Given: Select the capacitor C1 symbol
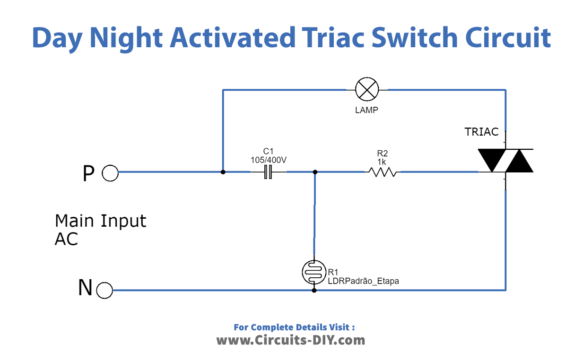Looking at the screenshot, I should pos(267,172).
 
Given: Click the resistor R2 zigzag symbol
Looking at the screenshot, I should pos(382,172).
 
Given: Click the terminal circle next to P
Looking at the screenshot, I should pos(111,173).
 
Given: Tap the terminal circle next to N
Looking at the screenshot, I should pos(111,289).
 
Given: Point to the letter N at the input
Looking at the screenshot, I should pos(86,289).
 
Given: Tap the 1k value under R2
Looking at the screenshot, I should pos(382,161).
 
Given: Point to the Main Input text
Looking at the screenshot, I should pos(99,220).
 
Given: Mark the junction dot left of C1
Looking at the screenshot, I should pos(222,172).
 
